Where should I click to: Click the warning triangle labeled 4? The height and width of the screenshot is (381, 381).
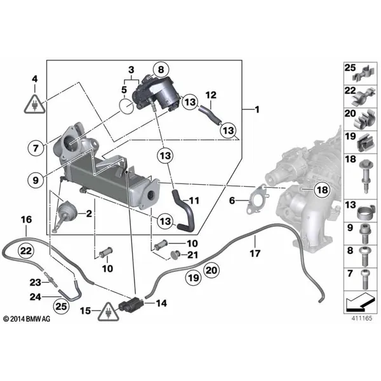click(x=35, y=104)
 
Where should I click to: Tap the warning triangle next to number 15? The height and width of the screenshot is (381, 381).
click(x=109, y=312)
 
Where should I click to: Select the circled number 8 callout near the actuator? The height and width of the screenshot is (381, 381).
click(x=161, y=70)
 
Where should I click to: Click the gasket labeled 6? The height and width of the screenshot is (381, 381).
click(x=257, y=199)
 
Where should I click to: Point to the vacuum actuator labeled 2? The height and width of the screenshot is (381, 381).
click(x=66, y=212)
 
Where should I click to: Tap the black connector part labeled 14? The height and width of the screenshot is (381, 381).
click(x=131, y=304)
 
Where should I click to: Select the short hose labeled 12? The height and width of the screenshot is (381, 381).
click(x=210, y=115)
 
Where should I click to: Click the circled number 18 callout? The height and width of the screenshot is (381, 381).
click(x=323, y=190)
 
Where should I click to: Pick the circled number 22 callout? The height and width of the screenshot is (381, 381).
click(x=26, y=251)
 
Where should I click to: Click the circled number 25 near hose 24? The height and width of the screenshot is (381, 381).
click(x=61, y=306)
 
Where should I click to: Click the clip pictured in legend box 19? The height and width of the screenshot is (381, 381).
click(x=365, y=142)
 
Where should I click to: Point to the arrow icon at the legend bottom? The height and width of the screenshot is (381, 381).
click(x=360, y=302)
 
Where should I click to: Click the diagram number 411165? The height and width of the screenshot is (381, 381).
click(x=362, y=318)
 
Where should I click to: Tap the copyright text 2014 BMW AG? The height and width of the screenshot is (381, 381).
click(x=27, y=319)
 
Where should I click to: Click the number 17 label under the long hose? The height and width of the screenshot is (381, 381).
click(x=255, y=253)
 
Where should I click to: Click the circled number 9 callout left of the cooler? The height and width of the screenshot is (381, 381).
click(x=36, y=180)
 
